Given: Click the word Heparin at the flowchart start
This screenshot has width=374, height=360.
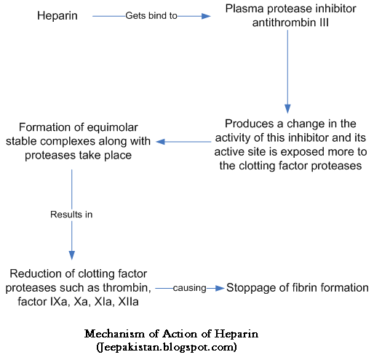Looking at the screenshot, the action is [57, 16].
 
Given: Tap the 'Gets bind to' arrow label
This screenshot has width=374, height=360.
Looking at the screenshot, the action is [151, 16].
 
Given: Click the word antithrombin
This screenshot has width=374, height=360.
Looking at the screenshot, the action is [284, 23].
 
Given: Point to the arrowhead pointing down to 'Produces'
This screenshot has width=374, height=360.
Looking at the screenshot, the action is [287, 108].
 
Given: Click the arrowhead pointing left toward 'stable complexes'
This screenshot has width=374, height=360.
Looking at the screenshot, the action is [160, 142].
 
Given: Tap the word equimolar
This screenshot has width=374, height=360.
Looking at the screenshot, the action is [112, 127].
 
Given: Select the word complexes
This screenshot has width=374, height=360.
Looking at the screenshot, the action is [68, 142].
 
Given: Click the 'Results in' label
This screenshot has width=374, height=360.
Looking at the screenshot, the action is [71, 215].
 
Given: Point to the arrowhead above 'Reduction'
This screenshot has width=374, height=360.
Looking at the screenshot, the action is [72, 255].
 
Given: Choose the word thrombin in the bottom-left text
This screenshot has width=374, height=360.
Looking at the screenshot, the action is [127, 288].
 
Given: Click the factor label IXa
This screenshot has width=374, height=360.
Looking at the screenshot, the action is [59, 302].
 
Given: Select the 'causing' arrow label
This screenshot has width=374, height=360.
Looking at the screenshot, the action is [189, 288].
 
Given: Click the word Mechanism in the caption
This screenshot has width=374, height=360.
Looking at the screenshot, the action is [114, 334].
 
